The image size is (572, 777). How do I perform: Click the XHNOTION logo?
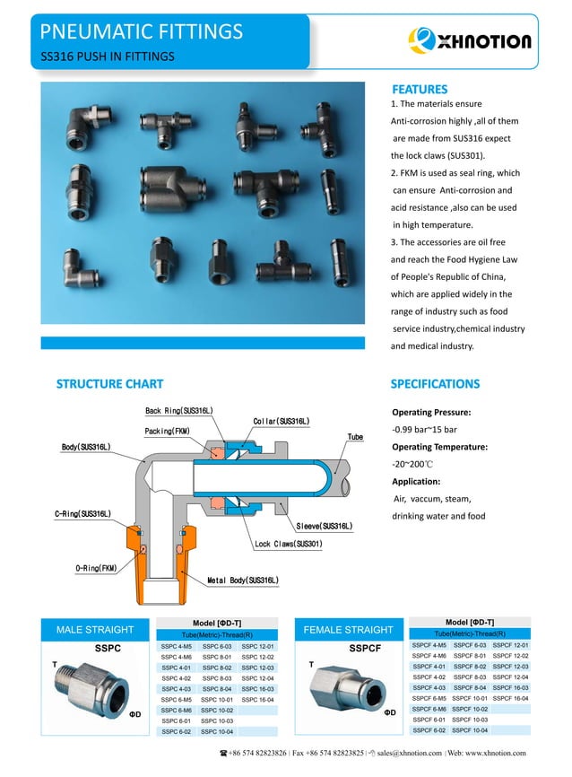point(470,39)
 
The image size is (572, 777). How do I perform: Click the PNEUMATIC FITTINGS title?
point(142,33)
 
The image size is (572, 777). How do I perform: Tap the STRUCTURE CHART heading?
point(110,384)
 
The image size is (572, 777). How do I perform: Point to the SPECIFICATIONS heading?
point(435,384)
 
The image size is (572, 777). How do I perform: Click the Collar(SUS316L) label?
point(281,421)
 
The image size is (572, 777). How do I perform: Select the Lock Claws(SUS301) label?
point(288,544)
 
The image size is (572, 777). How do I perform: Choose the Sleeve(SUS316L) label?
point(324,526)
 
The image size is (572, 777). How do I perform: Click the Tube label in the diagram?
point(355,437)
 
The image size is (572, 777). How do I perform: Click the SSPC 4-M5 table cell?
point(177,646)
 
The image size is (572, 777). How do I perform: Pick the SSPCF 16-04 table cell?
point(510,697)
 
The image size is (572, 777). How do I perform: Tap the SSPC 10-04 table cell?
point(217,731)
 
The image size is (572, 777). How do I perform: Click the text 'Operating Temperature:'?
point(439,447)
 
